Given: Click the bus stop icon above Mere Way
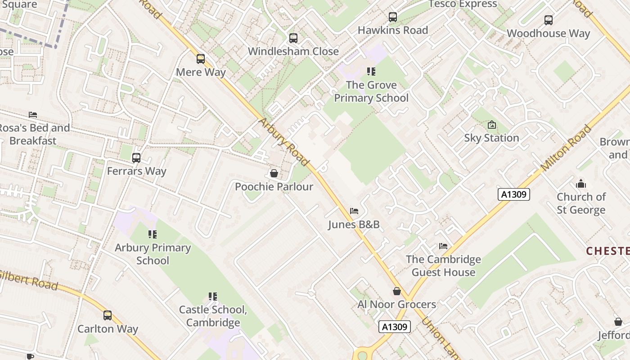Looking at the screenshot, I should (201, 59).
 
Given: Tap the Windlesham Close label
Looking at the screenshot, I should (293, 51).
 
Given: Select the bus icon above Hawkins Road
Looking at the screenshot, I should (393, 17).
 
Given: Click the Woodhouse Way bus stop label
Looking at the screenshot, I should (548, 33).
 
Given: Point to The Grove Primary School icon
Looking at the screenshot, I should (371, 71).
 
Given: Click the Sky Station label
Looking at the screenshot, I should (491, 138).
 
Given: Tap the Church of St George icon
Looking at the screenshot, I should (581, 184).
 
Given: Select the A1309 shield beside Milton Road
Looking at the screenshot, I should (514, 194).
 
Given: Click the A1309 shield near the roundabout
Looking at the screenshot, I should (395, 327).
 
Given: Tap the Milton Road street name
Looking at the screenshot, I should (566, 148).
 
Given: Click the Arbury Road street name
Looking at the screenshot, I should (284, 142).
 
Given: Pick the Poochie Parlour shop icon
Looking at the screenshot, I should (274, 173).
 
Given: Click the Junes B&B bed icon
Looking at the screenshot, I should (354, 211).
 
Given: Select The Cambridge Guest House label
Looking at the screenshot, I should (443, 265).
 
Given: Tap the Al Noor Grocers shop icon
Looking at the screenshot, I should (396, 291).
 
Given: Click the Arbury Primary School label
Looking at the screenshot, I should (153, 254).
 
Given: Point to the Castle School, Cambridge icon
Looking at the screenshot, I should (213, 296).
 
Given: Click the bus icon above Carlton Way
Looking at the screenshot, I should (108, 315).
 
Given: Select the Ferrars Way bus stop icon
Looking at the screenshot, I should (136, 158).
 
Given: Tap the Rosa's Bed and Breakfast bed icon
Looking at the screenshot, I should (33, 114).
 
